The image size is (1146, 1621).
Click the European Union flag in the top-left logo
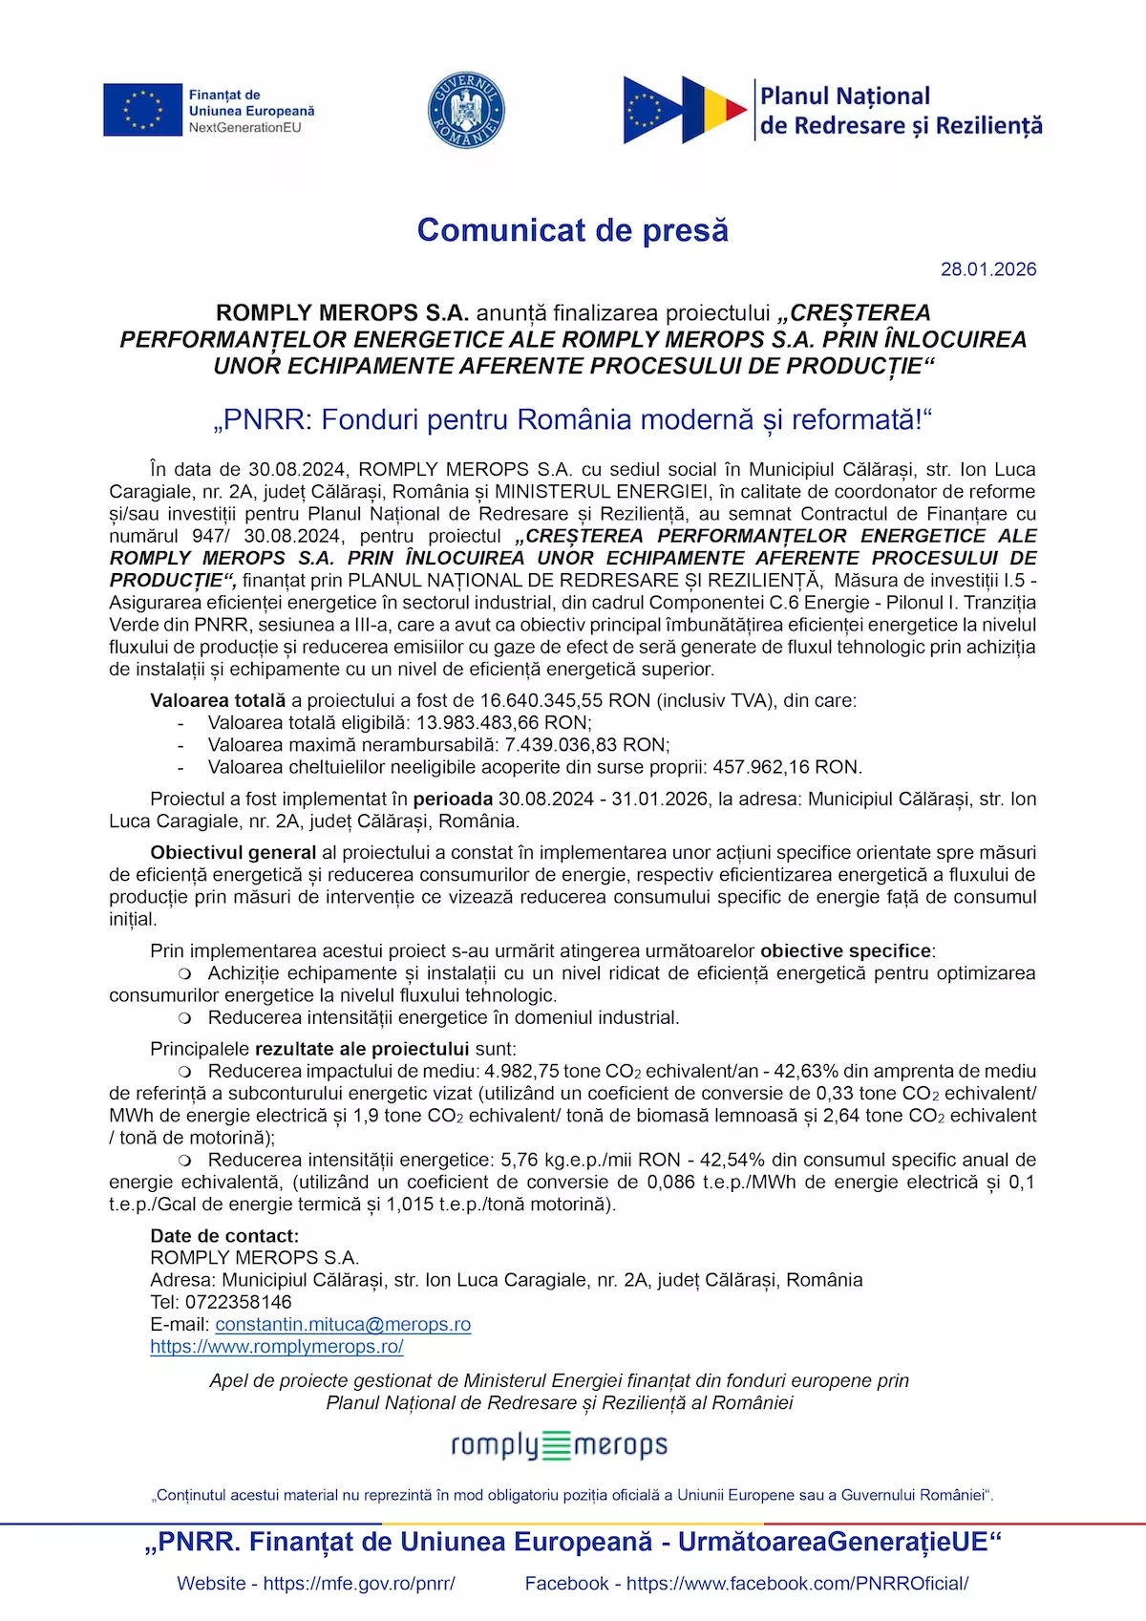click(142, 110)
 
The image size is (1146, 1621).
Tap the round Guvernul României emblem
click(466, 110)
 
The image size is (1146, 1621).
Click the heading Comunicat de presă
click(572, 230)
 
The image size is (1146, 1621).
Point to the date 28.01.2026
click(987, 269)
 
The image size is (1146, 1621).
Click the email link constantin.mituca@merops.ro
click(343, 1325)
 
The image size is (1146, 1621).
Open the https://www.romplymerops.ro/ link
click(276, 1347)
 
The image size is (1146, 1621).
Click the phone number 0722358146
click(238, 1302)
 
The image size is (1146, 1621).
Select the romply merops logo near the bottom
click(559, 1445)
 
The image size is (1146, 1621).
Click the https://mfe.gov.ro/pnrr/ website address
click(358, 1584)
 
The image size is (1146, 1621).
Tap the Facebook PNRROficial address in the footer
click(796, 1584)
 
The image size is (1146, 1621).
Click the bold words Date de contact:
click(224, 1236)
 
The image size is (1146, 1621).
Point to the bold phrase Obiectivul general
click(233, 852)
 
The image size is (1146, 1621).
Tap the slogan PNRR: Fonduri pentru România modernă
click(572, 420)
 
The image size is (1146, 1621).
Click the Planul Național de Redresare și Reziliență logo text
click(900, 111)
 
